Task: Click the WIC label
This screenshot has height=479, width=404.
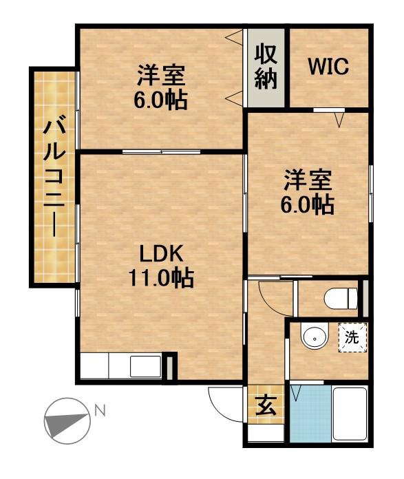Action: [328, 67]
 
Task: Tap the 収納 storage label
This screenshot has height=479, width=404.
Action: [266, 67]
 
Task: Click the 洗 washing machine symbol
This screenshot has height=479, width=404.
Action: [352, 338]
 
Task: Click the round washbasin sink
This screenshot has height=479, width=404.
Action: [314, 339]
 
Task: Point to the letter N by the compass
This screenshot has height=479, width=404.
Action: [100, 411]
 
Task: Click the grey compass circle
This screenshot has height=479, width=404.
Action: [67, 421]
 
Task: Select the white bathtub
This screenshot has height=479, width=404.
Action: [350, 414]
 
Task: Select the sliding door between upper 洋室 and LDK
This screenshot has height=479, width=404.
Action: [162, 151]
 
